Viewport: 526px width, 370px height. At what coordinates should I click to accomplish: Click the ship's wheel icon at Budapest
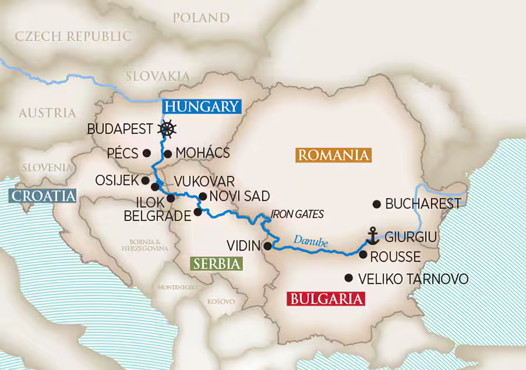[168, 129]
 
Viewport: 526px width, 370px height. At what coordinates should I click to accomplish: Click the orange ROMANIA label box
[333, 155]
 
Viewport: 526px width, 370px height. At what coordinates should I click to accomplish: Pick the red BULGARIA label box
[325, 299]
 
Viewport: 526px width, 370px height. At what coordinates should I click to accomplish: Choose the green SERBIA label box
[216, 263]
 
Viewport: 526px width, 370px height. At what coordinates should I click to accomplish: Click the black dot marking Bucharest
[377, 204]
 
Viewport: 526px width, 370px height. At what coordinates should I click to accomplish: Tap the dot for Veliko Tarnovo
[349, 278]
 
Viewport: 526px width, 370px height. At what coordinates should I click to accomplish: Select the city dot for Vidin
[268, 246]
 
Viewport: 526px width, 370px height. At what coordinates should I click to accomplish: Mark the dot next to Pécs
[146, 153]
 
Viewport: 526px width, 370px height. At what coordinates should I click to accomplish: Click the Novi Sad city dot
[203, 197]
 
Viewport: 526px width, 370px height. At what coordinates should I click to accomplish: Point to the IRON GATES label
[297, 215]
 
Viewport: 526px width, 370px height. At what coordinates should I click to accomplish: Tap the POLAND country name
[201, 18]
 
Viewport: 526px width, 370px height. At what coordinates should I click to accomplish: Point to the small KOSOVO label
[221, 301]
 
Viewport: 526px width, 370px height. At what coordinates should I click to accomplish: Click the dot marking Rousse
[363, 255]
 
